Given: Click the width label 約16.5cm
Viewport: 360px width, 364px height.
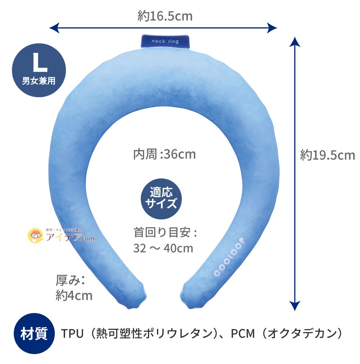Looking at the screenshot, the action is [165, 16].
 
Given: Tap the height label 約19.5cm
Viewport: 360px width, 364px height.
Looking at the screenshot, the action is [328, 155].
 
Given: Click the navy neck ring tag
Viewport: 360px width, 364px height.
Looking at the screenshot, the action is [165, 41].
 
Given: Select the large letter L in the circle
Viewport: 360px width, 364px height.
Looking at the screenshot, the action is [40, 63].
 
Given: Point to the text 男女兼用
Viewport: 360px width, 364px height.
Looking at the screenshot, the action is [39, 81].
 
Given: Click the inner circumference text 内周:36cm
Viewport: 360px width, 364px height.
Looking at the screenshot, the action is [165, 154].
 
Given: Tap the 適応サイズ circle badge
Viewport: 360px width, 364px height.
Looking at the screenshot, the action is [161, 199].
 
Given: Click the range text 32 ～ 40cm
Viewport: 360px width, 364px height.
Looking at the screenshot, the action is [163, 248].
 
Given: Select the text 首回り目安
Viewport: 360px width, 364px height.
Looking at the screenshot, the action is [162, 232].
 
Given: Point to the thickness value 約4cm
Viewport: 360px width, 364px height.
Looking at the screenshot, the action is [74, 296].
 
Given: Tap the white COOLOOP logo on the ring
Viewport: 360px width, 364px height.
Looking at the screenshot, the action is [229, 257].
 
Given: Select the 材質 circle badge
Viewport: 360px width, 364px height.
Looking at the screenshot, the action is [34, 333].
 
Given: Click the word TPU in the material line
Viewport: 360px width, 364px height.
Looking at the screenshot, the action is [72, 333].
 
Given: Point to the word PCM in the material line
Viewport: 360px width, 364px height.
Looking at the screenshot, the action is [243, 333].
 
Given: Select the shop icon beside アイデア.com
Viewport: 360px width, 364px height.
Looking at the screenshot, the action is [36, 235].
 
